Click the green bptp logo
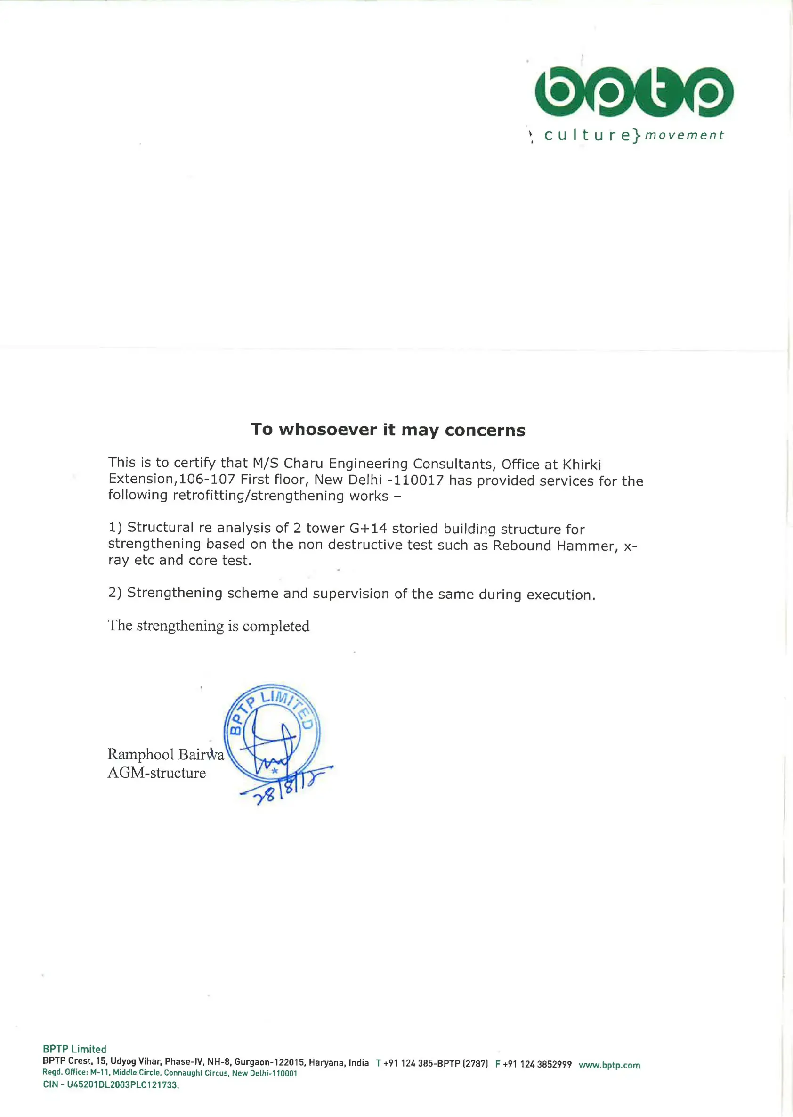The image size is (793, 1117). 634,92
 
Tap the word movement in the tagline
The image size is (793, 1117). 684,135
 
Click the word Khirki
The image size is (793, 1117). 582,464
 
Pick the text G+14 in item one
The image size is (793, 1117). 368,528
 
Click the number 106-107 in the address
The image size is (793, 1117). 207,479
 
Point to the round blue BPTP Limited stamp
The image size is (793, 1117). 272,731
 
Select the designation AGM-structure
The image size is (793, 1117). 157,773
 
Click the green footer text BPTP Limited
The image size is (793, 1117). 74,1049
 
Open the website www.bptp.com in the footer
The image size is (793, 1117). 609,1065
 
